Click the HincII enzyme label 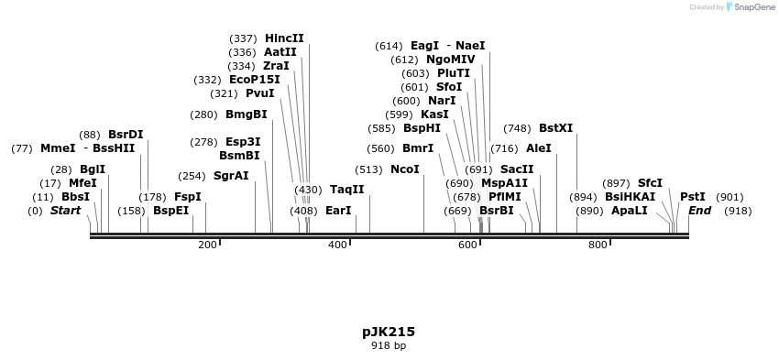pos(284,38)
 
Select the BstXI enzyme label pos(555,128)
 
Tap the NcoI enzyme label pos(404,169)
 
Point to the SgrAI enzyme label pos(231,176)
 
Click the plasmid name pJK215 pos(389,332)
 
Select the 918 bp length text pos(389,346)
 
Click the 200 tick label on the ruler pos(207,245)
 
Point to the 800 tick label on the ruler pos(598,245)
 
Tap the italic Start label pos(65,211)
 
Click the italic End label pos(700,211)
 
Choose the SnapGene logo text pos(752,7)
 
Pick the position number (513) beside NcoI pos(368,169)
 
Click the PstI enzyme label pos(693,197)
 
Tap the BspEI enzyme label pos(170,211)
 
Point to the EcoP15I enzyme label pos(255,80)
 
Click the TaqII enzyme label pos(346,190)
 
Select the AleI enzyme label pos(539,148)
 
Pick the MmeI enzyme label pos(58,148)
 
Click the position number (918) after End pos(738,211)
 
